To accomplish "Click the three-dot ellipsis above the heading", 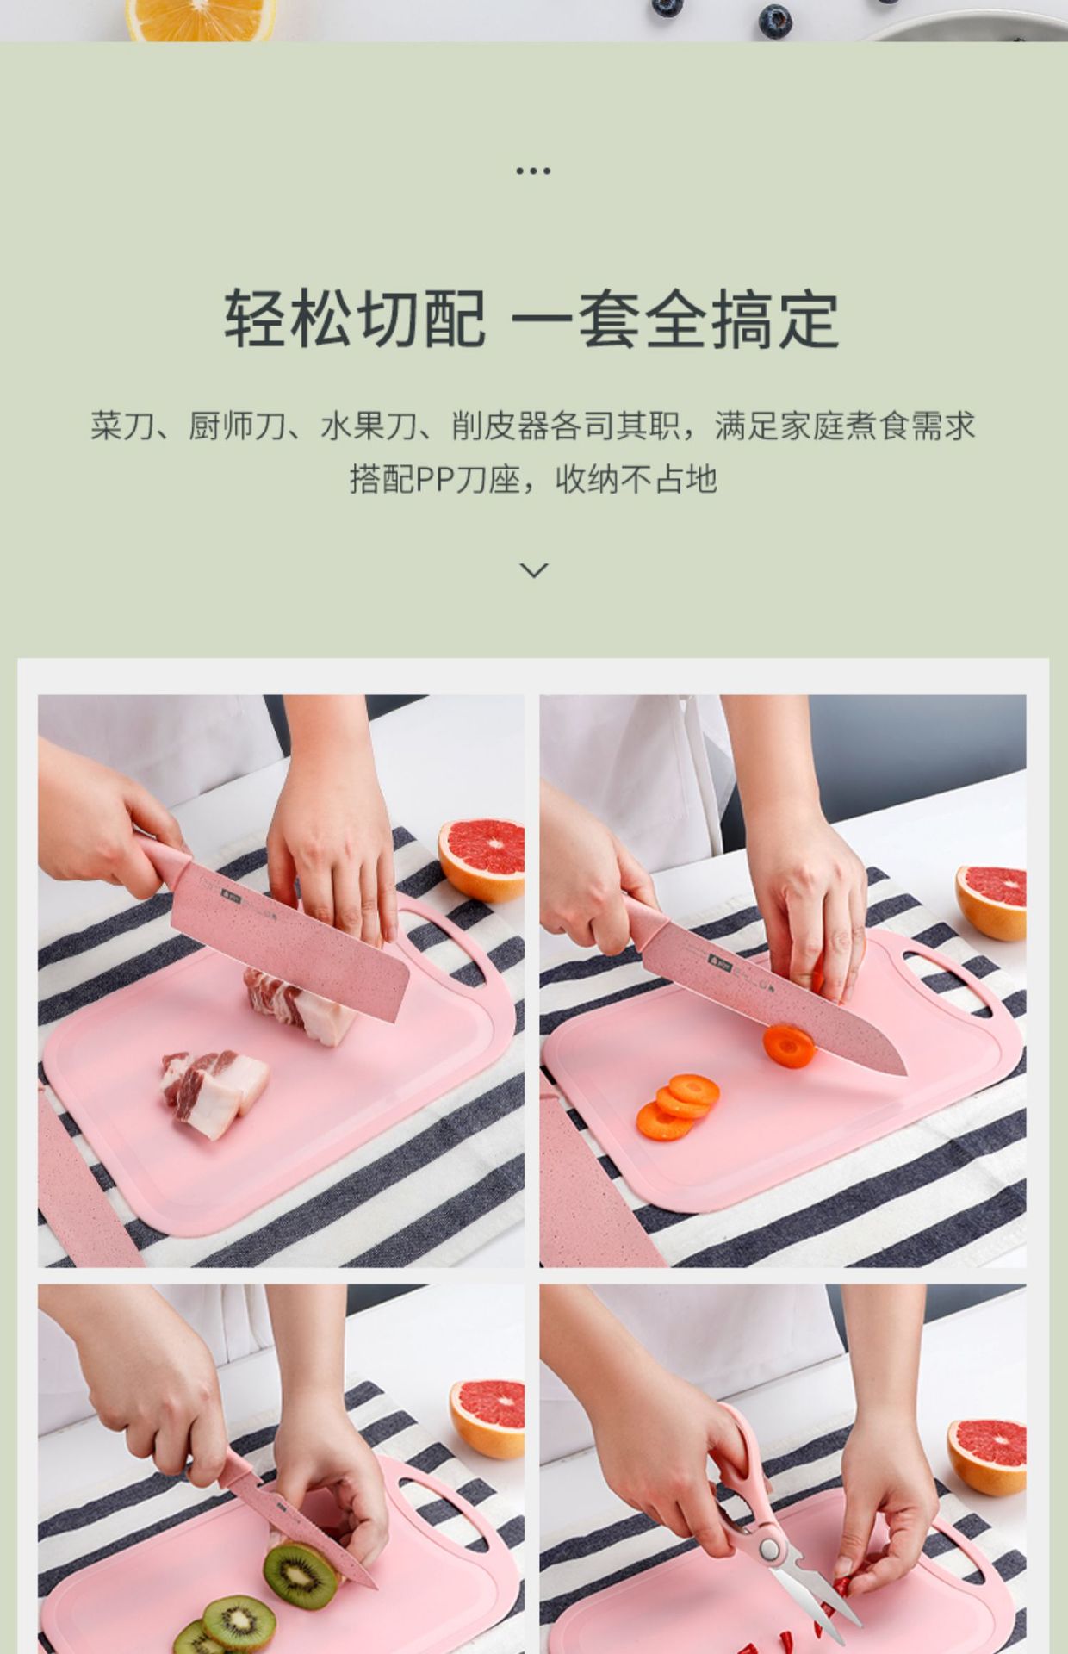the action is [x=533, y=171].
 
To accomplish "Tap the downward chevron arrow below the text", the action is [x=534, y=569].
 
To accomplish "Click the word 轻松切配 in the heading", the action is [x=355, y=320].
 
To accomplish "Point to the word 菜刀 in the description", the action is [x=122, y=426].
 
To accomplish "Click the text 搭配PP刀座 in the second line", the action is [x=434, y=479].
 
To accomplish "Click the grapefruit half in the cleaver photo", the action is [x=482, y=860].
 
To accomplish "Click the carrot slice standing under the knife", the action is [x=789, y=1046].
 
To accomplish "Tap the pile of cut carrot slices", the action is [x=678, y=1107].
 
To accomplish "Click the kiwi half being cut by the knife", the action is [x=301, y=1576].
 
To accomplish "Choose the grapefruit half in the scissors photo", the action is [x=988, y=1457].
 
